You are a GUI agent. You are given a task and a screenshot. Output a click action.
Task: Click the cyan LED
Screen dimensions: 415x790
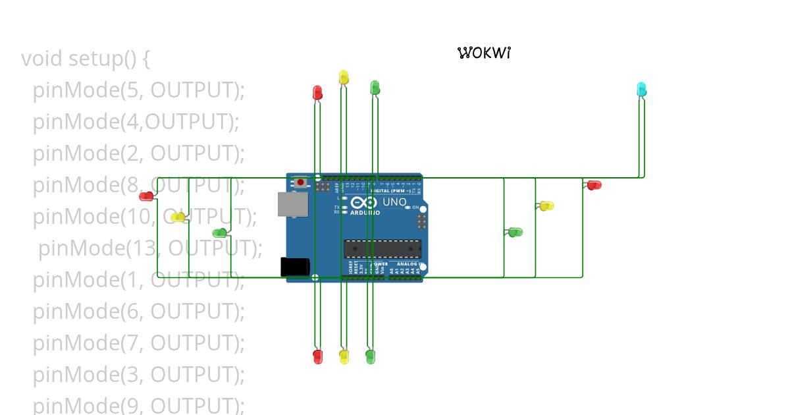641,89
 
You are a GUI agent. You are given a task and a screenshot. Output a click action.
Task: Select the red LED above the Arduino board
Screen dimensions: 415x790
317,92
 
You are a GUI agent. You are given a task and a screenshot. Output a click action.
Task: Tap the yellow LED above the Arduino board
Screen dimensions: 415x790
343,77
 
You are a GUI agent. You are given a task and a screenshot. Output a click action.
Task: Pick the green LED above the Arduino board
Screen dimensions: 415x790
375,88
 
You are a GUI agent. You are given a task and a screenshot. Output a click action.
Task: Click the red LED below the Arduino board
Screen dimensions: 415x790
318,356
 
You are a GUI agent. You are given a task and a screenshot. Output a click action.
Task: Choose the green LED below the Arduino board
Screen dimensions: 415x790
371,357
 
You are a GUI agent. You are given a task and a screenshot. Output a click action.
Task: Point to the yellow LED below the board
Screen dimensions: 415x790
344,356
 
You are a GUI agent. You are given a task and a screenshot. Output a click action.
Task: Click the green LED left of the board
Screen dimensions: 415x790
220,233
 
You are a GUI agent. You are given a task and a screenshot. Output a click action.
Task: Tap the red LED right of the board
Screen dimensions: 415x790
594,185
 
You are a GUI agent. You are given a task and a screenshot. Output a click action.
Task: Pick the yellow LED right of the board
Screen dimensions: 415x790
546,206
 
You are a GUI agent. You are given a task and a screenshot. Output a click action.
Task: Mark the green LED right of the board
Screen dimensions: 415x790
515,232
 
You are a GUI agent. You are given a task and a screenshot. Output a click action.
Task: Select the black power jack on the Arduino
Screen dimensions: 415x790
295,267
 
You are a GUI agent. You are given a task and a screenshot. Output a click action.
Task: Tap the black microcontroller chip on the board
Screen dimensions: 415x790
382,248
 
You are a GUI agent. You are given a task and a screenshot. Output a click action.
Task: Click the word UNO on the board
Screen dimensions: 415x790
394,202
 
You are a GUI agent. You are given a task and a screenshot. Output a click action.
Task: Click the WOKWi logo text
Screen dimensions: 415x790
484,53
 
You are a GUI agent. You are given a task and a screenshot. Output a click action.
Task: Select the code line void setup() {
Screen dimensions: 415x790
86,59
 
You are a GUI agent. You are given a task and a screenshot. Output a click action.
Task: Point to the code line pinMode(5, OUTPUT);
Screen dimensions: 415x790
138,90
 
